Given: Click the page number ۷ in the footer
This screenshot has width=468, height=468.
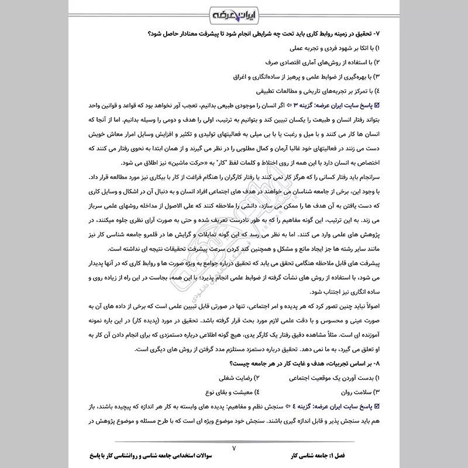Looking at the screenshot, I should pos(233,448).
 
